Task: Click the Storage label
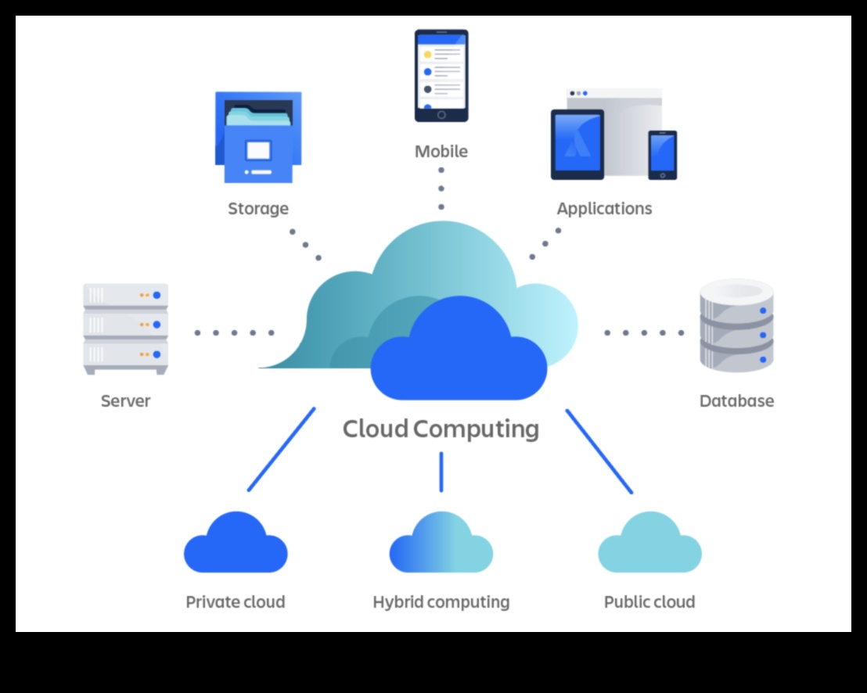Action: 258,209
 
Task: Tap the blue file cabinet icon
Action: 258,138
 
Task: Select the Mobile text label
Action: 441,152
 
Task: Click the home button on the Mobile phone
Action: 441,114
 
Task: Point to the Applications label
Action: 604,209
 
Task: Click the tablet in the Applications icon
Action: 577,145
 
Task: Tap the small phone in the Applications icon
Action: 662,155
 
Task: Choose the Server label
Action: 125,401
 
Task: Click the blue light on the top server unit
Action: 156,295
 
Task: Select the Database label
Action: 736,401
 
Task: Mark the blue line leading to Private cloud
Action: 281,450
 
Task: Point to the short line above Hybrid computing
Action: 441,472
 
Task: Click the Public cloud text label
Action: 649,602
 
